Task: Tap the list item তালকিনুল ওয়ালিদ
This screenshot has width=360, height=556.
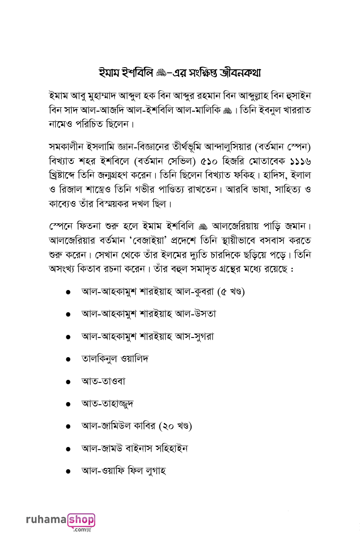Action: pos(115,359)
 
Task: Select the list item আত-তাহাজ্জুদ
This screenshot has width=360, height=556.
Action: pos(107,404)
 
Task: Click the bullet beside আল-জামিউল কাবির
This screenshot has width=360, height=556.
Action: pos(68,426)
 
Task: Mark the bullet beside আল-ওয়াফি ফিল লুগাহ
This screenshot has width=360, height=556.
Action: pos(68,471)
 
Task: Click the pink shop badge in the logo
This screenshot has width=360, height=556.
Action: pos(81,520)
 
